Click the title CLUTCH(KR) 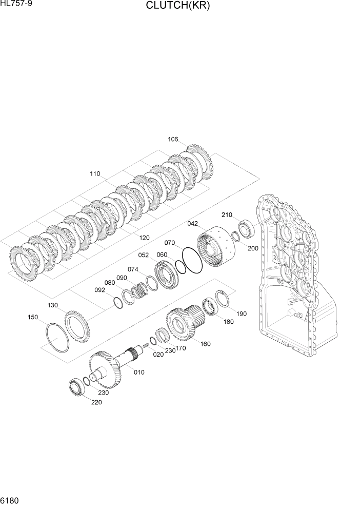point(178,6)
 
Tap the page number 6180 point(10,500)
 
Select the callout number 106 point(173,139)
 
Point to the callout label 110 point(95,174)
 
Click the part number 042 point(193,224)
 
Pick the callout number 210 point(227,214)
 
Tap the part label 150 point(32,317)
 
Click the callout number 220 point(96,402)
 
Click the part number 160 point(205,344)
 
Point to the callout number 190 point(241,314)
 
